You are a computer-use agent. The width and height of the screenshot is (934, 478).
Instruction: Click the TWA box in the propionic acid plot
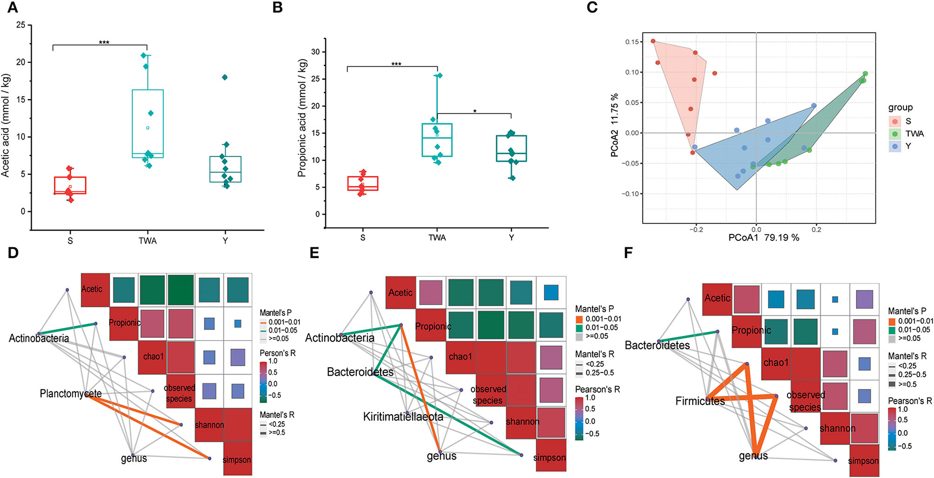click(x=437, y=140)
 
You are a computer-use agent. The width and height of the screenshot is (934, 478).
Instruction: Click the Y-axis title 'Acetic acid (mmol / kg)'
click(x=6, y=125)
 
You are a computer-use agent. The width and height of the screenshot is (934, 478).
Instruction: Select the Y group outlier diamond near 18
click(x=225, y=77)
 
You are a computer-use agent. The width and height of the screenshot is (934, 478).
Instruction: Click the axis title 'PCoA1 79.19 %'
click(x=764, y=238)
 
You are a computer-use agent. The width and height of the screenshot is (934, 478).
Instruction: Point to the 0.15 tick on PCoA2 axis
click(x=631, y=42)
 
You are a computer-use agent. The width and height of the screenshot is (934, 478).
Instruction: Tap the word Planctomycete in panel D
click(x=71, y=394)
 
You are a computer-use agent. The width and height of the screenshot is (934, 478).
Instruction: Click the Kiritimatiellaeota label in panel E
click(x=403, y=417)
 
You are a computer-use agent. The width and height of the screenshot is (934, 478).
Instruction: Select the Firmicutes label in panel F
click(x=700, y=401)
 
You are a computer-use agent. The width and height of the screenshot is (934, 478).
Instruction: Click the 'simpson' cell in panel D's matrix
click(x=237, y=460)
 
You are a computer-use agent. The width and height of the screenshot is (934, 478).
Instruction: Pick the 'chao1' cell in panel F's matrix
click(x=776, y=363)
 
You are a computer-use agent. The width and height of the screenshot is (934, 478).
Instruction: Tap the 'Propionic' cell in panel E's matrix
click(x=433, y=326)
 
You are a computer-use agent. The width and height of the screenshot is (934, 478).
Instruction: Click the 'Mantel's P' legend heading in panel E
click(x=594, y=309)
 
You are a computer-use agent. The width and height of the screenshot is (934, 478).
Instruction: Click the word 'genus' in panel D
click(x=134, y=459)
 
